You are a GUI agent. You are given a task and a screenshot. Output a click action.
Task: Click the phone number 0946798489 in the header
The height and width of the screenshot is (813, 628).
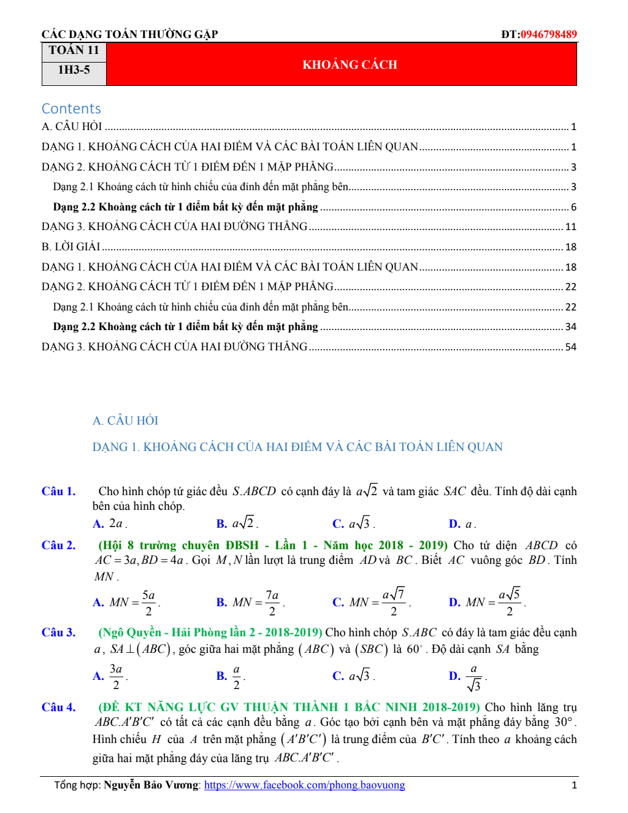[x=549, y=34]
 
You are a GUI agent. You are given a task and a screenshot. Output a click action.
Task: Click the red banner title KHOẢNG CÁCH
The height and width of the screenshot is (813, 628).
[x=350, y=64]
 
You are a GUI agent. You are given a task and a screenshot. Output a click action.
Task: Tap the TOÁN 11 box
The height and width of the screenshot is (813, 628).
[x=74, y=50]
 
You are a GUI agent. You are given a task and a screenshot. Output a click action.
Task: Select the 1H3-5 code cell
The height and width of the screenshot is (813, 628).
[x=74, y=70]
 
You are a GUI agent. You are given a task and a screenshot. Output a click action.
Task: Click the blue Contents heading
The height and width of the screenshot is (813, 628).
[x=71, y=109]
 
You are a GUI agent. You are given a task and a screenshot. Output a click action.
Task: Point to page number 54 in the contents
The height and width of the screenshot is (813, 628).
[x=570, y=347]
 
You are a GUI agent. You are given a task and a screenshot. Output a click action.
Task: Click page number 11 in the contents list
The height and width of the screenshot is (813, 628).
[x=570, y=227]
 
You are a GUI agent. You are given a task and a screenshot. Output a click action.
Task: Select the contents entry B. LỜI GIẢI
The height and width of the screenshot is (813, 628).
[x=71, y=247]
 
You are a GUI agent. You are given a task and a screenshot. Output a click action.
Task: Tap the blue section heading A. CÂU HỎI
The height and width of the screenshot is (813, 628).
[x=125, y=420]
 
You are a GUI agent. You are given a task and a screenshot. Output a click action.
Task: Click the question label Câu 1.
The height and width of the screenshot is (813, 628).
[x=58, y=491]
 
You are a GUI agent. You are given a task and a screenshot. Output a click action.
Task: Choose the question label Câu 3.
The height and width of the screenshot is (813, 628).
[x=58, y=633]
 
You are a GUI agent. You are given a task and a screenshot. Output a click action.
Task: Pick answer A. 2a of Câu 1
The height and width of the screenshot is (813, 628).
[x=110, y=524]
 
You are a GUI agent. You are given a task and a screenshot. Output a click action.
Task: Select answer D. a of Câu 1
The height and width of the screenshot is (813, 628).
[x=462, y=524]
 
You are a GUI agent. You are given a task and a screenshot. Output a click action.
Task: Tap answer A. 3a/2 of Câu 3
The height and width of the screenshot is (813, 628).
[x=110, y=676]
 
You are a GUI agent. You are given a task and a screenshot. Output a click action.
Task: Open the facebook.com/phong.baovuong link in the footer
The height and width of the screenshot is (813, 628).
[x=304, y=785]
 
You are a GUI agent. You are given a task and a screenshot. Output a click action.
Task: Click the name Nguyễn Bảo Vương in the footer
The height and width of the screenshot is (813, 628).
[x=151, y=785]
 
